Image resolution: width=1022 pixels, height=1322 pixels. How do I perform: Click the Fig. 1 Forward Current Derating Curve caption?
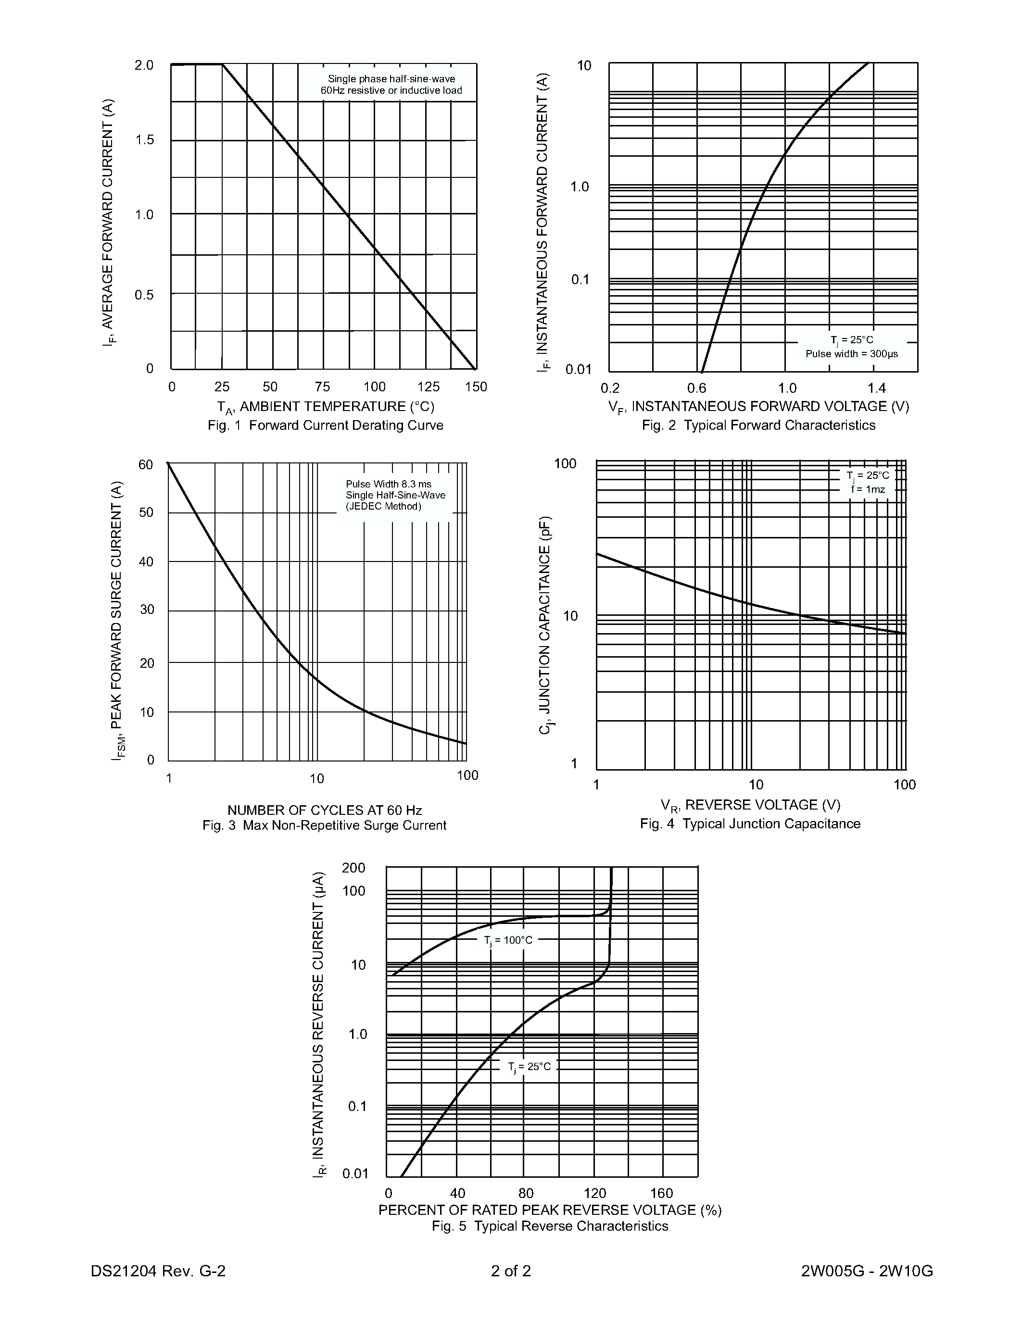pyautogui.click(x=325, y=425)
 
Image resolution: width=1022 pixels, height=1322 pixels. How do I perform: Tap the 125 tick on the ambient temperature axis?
pyautogui.click(x=429, y=387)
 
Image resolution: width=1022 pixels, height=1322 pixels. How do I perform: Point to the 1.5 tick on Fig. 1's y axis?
pyautogui.click(x=145, y=140)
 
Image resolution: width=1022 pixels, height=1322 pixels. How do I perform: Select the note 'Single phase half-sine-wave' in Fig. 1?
pyautogui.click(x=391, y=79)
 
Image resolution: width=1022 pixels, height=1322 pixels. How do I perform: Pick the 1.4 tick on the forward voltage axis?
pyautogui.click(x=876, y=388)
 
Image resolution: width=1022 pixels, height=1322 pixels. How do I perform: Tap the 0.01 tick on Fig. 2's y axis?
pyautogui.click(x=578, y=370)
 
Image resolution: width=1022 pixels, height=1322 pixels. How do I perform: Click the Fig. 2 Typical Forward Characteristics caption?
pyautogui.click(x=758, y=425)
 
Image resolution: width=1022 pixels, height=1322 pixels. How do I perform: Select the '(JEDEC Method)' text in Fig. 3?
pyautogui.click(x=383, y=507)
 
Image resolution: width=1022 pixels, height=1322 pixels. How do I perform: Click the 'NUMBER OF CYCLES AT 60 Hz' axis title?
pyautogui.click(x=325, y=810)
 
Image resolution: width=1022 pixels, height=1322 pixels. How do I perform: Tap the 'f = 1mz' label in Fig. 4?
pyautogui.click(x=868, y=489)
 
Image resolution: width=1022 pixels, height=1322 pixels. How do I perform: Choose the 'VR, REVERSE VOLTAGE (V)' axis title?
pyautogui.click(x=750, y=805)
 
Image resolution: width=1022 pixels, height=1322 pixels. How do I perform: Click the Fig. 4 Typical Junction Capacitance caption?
pyautogui.click(x=750, y=824)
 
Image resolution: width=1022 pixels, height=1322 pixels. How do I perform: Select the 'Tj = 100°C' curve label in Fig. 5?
pyautogui.click(x=508, y=940)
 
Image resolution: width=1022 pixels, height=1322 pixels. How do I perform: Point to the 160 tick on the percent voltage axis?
pyautogui.click(x=662, y=1193)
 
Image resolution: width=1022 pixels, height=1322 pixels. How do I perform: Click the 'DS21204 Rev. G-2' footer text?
pyautogui.click(x=158, y=1271)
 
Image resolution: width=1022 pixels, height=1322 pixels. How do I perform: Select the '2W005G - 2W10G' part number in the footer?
pyautogui.click(x=866, y=1271)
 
